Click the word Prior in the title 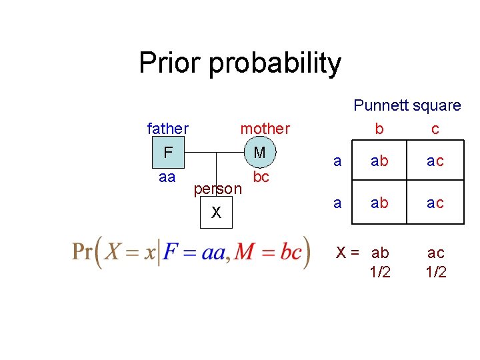(171, 63)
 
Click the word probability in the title (275, 64)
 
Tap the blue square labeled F (167, 153)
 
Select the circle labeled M (259, 153)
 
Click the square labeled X (216, 213)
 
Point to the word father (167, 128)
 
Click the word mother (265, 128)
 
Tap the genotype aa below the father (167, 177)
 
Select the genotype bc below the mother (261, 177)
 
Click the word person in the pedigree (217, 189)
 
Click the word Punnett (381, 105)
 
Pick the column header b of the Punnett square (379, 129)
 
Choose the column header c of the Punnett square (435, 129)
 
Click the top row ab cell (380, 161)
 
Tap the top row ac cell (435, 161)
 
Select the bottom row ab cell (380, 203)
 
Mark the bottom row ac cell (435, 203)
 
